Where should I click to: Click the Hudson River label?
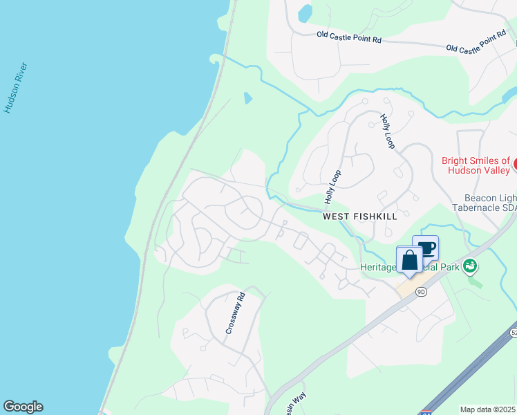(x=15, y=88)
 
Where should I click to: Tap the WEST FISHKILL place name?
(x=359, y=216)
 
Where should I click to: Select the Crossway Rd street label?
(x=236, y=314)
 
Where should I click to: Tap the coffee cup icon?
(x=425, y=248)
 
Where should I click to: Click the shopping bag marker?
(x=409, y=260)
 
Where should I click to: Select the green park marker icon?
(x=470, y=265)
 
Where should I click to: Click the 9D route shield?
(x=421, y=292)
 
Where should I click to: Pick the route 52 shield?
(x=514, y=333)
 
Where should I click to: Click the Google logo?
(x=23, y=407)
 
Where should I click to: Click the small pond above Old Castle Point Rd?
(x=305, y=12)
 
